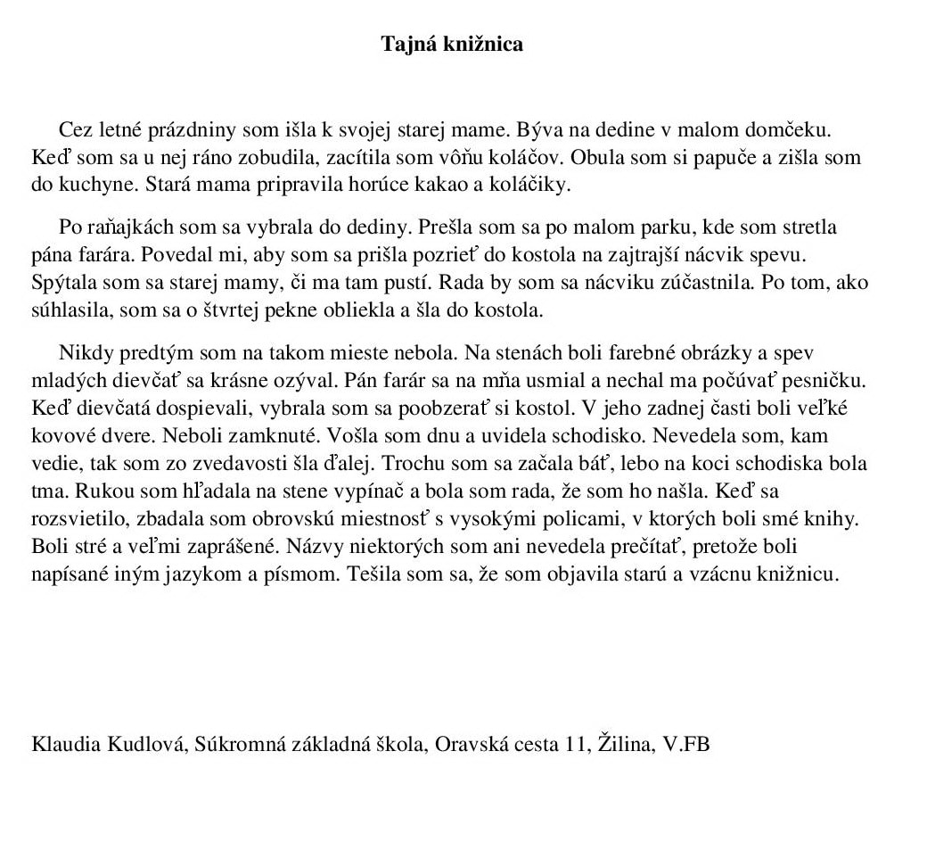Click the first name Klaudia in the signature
pyautogui.click(x=64, y=745)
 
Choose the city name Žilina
pyautogui.click(x=623, y=745)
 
